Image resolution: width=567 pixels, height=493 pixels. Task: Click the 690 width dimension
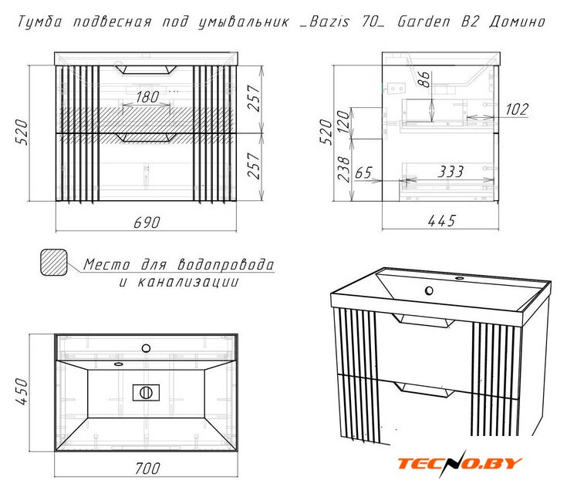(x=147, y=222)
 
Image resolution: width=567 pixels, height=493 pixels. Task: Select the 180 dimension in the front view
(x=147, y=97)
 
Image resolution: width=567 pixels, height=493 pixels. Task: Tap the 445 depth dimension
(x=441, y=220)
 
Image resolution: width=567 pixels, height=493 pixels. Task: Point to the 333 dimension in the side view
(x=451, y=172)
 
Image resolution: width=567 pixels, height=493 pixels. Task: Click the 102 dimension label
(x=517, y=109)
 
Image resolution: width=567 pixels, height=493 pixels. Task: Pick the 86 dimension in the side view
(x=424, y=79)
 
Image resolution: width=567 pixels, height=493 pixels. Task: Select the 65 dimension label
(x=363, y=173)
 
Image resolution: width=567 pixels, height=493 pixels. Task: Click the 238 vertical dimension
(x=343, y=169)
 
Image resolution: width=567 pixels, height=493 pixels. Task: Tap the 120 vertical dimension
(x=343, y=121)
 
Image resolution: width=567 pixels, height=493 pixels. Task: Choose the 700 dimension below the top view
(x=147, y=468)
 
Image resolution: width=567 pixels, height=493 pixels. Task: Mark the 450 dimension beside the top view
(x=22, y=391)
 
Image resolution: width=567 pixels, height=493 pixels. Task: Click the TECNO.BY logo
(x=460, y=463)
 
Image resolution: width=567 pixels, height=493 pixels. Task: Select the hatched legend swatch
(x=53, y=262)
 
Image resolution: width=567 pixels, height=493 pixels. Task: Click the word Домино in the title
(x=517, y=22)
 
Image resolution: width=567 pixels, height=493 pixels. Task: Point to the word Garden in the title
(x=424, y=22)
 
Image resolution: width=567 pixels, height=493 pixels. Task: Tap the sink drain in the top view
(x=146, y=393)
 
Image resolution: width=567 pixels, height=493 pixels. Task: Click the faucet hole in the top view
(x=146, y=348)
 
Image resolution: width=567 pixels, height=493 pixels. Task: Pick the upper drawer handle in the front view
(x=146, y=69)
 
